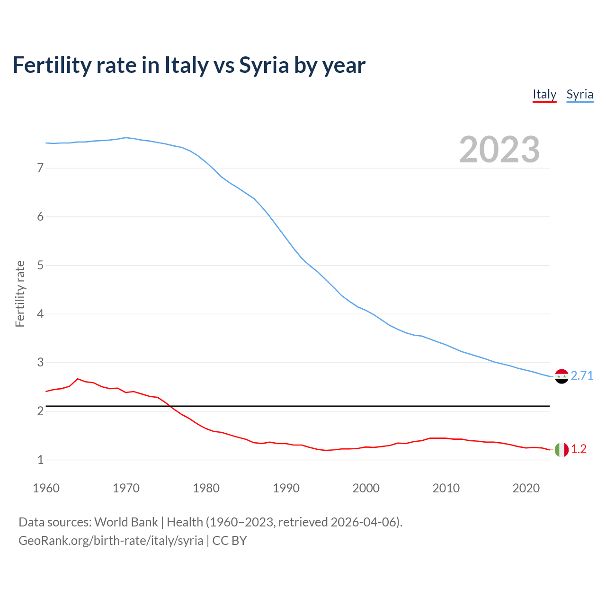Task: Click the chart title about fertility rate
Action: (189, 65)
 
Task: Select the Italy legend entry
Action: (544, 94)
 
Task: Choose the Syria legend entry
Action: (579, 94)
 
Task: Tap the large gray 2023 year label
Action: (499, 150)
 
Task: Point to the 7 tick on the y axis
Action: (40, 168)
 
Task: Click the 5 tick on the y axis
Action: (40, 265)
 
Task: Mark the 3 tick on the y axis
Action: (40, 363)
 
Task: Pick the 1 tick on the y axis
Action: (40, 460)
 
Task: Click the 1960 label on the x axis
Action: (46, 488)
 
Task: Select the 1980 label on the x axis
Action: (206, 488)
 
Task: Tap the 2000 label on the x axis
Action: (366, 488)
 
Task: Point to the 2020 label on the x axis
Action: (526, 488)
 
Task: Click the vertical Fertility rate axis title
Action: (20, 294)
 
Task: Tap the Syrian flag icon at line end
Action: (561, 376)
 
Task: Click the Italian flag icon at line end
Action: (561, 450)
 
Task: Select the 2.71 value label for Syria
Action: (582, 375)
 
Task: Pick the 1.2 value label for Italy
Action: (579, 449)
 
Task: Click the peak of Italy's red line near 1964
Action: (78, 379)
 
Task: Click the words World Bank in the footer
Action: (126, 522)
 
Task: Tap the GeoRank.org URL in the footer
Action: (111, 541)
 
